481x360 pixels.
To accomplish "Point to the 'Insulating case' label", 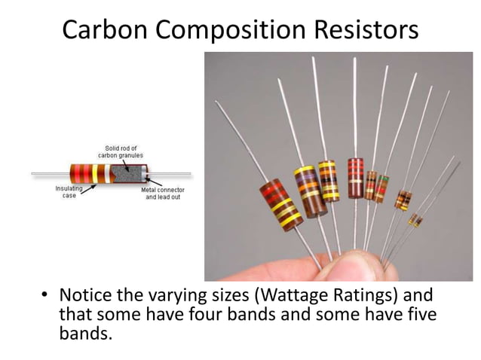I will (69, 192).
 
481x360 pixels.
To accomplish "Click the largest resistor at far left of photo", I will (280, 204).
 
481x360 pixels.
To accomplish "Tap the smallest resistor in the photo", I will (415, 220).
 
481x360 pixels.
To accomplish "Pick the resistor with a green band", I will (383, 188).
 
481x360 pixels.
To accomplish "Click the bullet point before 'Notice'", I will (44, 295).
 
